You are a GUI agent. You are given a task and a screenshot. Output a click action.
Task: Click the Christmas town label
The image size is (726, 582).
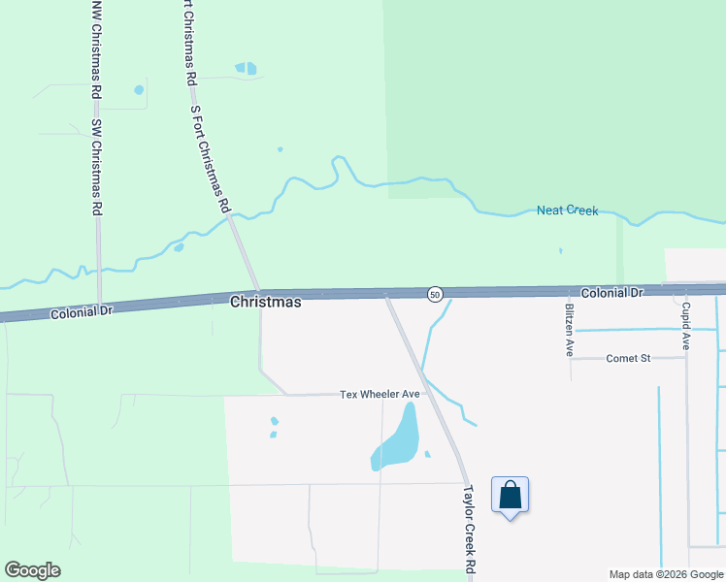pos(265,302)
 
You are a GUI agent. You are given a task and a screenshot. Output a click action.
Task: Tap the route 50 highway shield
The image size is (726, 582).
pos(435,293)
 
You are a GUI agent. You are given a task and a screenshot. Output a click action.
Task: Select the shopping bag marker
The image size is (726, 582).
pos(511,496)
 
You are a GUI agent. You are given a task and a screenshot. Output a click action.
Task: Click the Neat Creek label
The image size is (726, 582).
pos(568,210)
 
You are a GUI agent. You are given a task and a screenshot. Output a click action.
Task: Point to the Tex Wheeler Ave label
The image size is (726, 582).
pos(379,394)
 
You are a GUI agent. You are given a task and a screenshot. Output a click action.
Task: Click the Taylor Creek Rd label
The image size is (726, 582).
pos(471,529)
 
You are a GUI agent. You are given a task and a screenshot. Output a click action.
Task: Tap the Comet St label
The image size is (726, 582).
pos(628,358)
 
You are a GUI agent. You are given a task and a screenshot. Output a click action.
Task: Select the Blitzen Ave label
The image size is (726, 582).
pos(570,330)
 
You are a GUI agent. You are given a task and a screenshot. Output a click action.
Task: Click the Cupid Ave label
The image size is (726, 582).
pos(685,326)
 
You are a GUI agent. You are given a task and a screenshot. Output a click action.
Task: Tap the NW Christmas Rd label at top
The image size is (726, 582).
pos(95,47)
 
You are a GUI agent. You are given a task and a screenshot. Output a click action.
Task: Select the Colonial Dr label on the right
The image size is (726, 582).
pos(612,292)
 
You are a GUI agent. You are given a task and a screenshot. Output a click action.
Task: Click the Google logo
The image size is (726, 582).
pos(32,570)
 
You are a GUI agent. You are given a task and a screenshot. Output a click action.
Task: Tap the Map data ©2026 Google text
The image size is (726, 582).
pos(665,574)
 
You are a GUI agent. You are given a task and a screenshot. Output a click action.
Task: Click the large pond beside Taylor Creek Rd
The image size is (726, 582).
pos(397,441)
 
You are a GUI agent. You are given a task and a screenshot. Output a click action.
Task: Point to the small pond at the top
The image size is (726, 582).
pos(247,69)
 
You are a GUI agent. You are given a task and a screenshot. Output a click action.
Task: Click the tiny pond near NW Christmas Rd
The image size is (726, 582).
pos(139,90)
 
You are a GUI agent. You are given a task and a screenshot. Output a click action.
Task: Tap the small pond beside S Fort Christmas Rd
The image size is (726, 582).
pos(179,247)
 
